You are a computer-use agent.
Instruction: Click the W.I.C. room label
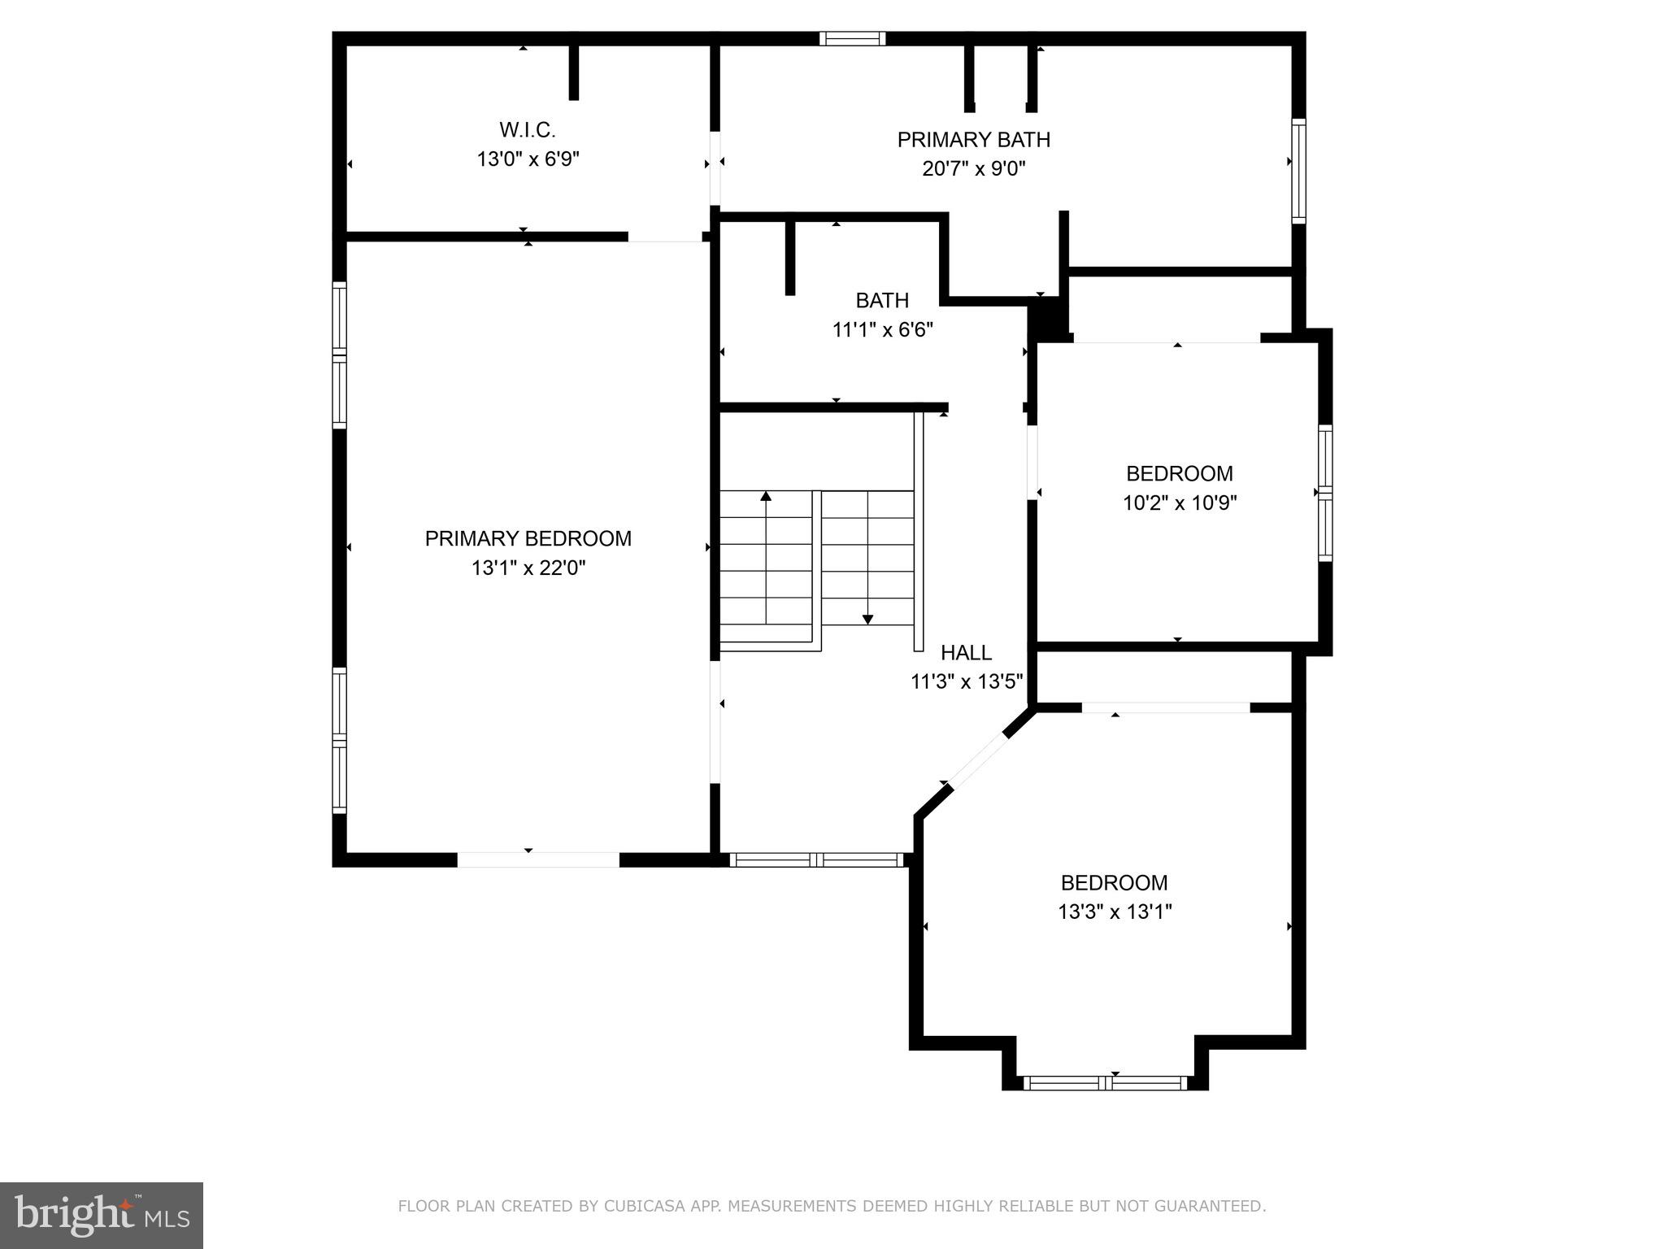pyautogui.click(x=527, y=129)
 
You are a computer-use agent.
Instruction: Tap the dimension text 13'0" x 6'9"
pyautogui.click(x=527, y=159)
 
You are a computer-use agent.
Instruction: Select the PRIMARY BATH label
pyautogui.click(x=973, y=140)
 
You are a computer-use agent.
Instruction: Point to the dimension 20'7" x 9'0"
pyautogui.click(x=973, y=169)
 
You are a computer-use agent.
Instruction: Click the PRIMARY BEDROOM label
pyautogui.click(x=528, y=538)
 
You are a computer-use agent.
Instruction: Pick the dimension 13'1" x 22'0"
pyautogui.click(x=528, y=568)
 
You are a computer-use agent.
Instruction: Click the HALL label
pyautogui.click(x=966, y=652)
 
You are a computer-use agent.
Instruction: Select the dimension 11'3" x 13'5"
pyautogui.click(x=966, y=681)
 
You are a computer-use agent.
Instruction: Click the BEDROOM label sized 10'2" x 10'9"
pyautogui.click(x=1179, y=473)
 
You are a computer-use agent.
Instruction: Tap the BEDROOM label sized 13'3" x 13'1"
pyautogui.click(x=1114, y=882)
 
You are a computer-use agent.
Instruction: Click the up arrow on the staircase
pyautogui.click(x=765, y=495)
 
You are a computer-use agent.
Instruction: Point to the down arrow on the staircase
pyautogui.click(x=867, y=619)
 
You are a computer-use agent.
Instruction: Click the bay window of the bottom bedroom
pyautogui.click(x=1105, y=1082)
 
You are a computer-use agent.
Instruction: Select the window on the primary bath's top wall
pyautogui.click(x=852, y=38)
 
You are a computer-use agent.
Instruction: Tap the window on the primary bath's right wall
pyautogui.click(x=1298, y=171)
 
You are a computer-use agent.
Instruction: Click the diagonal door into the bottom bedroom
pyautogui.click(x=978, y=760)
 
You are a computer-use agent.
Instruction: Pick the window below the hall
pyautogui.click(x=816, y=860)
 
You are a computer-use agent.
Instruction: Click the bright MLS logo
pyautogui.click(x=102, y=1215)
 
